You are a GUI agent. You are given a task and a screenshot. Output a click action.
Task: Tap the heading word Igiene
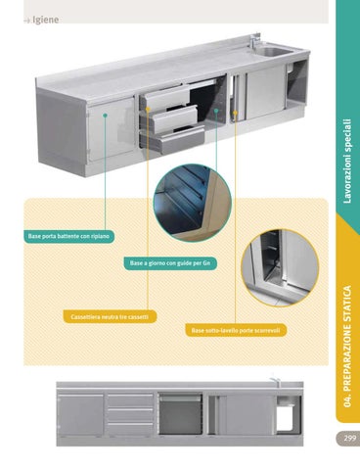46,20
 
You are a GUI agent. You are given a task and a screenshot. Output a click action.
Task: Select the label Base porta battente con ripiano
68,236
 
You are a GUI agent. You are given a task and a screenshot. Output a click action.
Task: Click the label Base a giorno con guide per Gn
170,263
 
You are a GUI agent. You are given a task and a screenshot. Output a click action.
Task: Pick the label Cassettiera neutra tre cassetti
110,316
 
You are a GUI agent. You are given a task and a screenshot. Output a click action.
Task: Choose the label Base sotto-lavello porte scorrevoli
236,330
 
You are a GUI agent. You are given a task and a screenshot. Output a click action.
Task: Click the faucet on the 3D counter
254,41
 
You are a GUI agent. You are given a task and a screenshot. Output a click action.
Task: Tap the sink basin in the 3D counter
273,51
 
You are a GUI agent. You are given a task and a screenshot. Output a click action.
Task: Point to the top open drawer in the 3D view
167,97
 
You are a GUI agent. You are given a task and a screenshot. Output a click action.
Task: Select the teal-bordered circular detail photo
193,203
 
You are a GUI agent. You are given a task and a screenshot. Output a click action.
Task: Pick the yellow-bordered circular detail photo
280,268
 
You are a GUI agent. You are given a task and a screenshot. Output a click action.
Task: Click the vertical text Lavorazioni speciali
347,161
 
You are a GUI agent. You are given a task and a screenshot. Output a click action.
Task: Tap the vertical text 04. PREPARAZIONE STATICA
347,346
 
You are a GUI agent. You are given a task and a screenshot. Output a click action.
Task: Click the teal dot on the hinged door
105,116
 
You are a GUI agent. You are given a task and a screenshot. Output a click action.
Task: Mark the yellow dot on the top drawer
148,109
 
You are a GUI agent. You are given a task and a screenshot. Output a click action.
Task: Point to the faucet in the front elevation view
275,382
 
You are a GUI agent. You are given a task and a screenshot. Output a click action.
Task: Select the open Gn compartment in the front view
180,414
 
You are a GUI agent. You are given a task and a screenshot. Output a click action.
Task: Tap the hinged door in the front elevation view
80,414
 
